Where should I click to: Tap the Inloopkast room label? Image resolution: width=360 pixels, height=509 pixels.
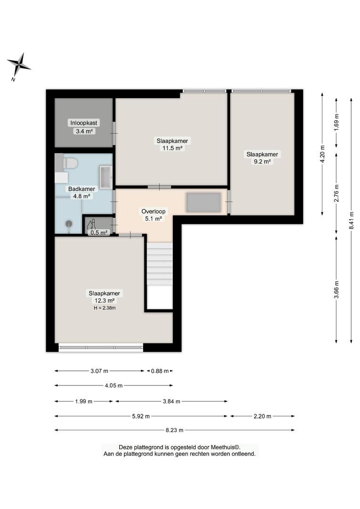click(x=84, y=123)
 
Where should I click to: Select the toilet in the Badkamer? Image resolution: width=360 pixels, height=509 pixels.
click(x=70, y=163)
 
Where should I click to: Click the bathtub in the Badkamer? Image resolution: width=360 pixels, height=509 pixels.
click(x=106, y=177)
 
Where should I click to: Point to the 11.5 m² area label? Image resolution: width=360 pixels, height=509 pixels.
click(x=172, y=148)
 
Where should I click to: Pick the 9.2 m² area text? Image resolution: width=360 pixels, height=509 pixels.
click(x=262, y=161)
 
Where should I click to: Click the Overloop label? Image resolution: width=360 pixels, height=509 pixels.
click(x=153, y=211)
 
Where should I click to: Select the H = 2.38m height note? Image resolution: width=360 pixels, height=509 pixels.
click(x=105, y=308)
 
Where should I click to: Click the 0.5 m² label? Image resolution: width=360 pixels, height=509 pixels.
click(x=99, y=232)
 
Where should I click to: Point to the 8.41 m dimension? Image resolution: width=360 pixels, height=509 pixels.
click(x=351, y=221)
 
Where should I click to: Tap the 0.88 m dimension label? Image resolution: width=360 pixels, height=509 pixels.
click(x=160, y=371)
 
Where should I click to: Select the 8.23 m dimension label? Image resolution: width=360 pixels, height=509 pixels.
click(x=174, y=430)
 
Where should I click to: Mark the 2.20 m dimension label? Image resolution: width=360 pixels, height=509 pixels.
click(x=262, y=416)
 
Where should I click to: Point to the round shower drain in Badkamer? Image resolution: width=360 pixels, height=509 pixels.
click(x=69, y=224)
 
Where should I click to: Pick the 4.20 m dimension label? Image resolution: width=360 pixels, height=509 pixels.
click(x=322, y=154)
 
